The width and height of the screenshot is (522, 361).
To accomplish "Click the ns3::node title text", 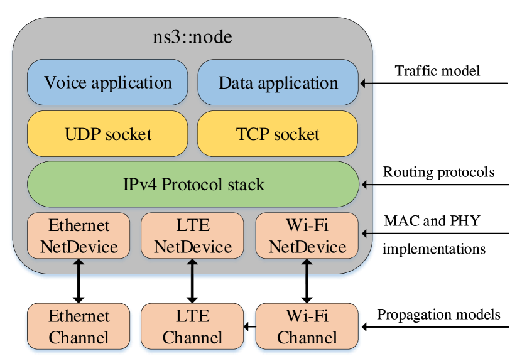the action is tap(192, 36).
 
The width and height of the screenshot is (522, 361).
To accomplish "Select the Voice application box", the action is tap(107, 82).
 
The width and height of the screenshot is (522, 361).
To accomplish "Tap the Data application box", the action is tap(278, 82).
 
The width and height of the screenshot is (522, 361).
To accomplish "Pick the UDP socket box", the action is tap(107, 134).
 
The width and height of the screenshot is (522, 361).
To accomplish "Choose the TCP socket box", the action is tap(278, 134).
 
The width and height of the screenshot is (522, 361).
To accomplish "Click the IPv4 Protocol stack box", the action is tap(193, 185).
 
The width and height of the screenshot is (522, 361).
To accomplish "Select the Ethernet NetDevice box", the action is tap(79, 235).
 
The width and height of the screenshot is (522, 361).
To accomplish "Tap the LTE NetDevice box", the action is tap(192, 235).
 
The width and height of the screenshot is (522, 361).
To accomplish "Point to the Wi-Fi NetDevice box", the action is tap(307, 235).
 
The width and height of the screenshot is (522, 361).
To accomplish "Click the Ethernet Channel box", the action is tap(79, 326).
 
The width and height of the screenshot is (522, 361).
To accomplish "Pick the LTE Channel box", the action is tap(192, 326).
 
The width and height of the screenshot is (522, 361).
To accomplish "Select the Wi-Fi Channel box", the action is tap(307, 326).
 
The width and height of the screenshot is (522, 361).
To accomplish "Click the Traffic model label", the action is tap(437, 70).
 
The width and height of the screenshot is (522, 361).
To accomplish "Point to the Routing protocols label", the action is tap(439, 173).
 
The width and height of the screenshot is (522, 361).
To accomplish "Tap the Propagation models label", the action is tap(438, 315).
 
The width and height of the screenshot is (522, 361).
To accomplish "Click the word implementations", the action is tap(434, 249).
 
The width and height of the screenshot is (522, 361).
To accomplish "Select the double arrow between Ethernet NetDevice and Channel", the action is tap(79, 281).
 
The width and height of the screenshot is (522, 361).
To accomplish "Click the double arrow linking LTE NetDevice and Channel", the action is tap(192, 281).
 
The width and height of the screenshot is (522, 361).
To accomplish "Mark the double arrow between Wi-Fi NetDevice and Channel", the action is tap(307, 281).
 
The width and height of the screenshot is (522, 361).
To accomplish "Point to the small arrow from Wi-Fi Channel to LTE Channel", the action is tap(249, 326).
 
